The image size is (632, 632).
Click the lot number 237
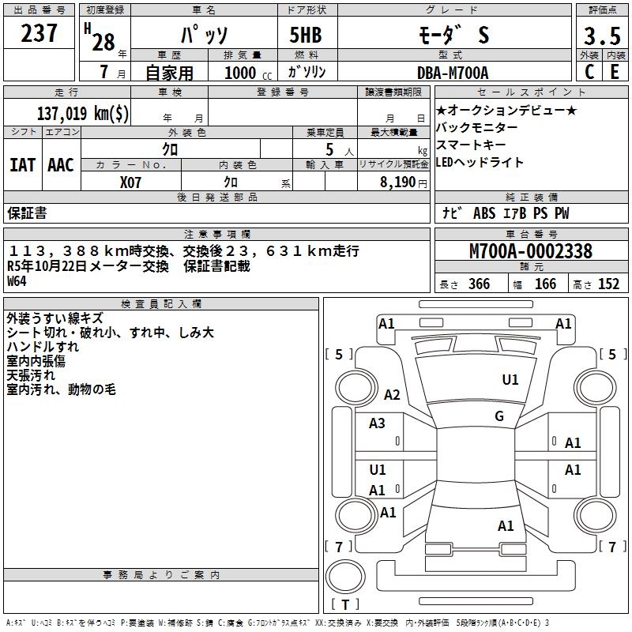point(39,32)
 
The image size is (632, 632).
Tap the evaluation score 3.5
point(600,36)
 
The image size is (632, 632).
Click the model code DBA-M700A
point(453,73)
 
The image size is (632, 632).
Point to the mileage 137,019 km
point(83,113)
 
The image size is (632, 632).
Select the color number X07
point(131,182)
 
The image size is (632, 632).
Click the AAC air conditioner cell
point(61,165)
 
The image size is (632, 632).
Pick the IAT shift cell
point(22,165)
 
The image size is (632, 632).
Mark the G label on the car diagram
point(499,416)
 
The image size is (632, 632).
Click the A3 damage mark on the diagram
point(378,423)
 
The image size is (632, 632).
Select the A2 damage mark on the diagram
point(392,395)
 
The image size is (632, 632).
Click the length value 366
point(479,284)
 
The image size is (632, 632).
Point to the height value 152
point(608,284)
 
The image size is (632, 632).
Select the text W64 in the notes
point(17,280)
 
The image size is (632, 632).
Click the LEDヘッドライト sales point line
point(480,163)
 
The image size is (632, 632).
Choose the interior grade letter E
point(614,73)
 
